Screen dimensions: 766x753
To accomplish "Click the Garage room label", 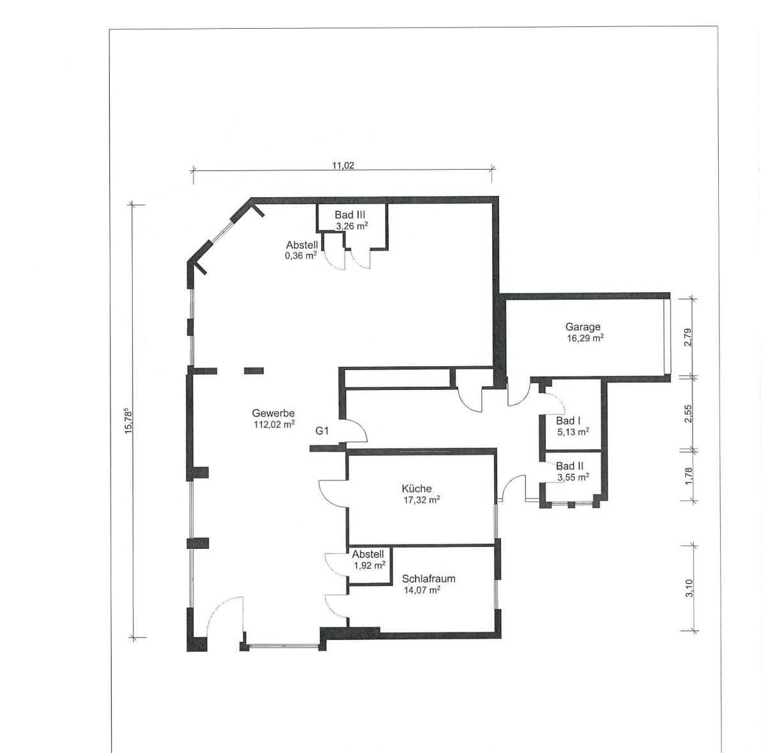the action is point(582,327).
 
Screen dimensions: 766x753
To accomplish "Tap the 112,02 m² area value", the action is point(274,424).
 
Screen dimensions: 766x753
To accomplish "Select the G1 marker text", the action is point(322,431).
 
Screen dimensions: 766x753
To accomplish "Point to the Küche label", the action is point(416,489).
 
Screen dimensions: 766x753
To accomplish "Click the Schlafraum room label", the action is point(428,579).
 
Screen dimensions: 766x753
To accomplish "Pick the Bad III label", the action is point(350,215).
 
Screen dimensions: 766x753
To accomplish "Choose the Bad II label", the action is point(569,466).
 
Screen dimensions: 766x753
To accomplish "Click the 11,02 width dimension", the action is point(343,165).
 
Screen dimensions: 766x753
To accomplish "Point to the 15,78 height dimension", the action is point(129,421).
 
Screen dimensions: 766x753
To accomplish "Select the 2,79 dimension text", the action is point(688,337).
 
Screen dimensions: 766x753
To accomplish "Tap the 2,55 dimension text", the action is point(688,414).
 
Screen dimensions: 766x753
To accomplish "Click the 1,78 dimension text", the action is point(689,476).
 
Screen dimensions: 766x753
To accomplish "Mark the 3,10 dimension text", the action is point(689,588).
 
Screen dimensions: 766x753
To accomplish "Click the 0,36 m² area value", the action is point(301,256).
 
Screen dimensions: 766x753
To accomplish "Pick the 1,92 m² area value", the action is point(370,565).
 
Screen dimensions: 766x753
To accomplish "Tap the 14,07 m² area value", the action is point(422,590).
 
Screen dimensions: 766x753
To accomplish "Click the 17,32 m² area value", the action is point(422,500).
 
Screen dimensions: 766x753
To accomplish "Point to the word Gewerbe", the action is point(273,414).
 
